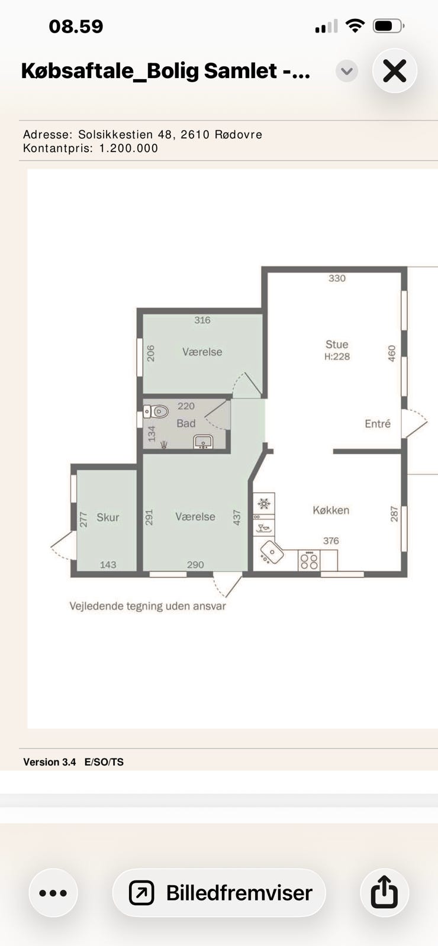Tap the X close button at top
(x=394, y=71)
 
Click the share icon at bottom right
(x=384, y=892)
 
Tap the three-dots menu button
(x=53, y=893)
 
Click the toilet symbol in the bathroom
(x=156, y=411)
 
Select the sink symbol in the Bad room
(x=203, y=442)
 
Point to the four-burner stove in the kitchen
(x=308, y=561)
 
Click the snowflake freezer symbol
(x=264, y=503)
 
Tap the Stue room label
(x=337, y=344)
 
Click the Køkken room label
(x=331, y=510)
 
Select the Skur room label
(x=108, y=517)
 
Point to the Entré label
(x=378, y=423)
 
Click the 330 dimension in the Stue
(x=337, y=278)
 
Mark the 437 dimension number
(x=237, y=517)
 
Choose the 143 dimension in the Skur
(x=108, y=565)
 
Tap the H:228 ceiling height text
(x=337, y=357)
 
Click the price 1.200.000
(x=128, y=148)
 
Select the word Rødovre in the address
(x=239, y=135)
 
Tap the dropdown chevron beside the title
(x=347, y=71)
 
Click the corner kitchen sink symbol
(x=271, y=552)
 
